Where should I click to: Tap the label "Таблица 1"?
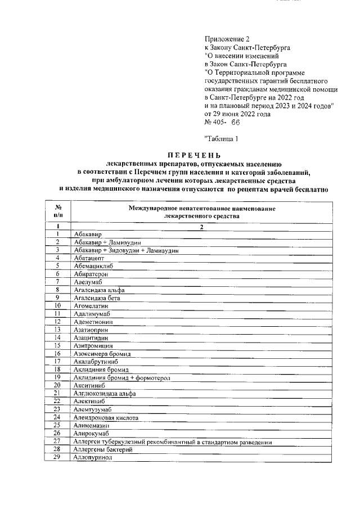click(x=223, y=138)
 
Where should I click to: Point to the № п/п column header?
click(x=58, y=211)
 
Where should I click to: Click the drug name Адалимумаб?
click(x=93, y=313)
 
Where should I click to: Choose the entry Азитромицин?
click(x=93, y=345)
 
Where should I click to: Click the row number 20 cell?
click(x=58, y=385)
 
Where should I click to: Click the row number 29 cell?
click(x=58, y=458)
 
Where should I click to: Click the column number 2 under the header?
click(x=201, y=227)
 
